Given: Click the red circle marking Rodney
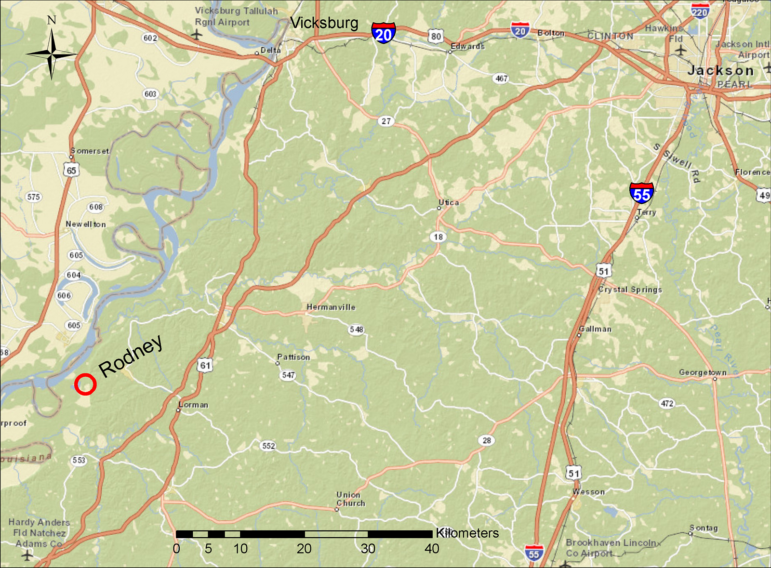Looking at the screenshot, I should pyautogui.click(x=85, y=384).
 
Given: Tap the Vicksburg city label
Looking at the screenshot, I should pyautogui.click(x=324, y=23).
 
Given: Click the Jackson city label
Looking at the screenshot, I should pyautogui.click(x=720, y=70).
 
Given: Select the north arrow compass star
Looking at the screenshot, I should pyautogui.click(x=52, y=53).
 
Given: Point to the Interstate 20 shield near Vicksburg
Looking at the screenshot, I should pyautogui.click(x=384, y=33).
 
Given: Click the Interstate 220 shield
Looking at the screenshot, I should pyautogui.click(x=700, y=11).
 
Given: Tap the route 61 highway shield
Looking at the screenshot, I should pyautogui.click(x=205, y=365).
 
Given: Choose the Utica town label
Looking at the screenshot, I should pyautogui.click(x=449, y=203).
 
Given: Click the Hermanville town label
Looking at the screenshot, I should pyautogui.click(x=331, y=307).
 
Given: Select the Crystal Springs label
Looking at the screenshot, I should pyautogui.click(x=630, y=290).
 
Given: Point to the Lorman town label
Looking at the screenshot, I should pyautogui.click(x=194, y=405).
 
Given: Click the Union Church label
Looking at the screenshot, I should pyautogui.click(x=350, y=499).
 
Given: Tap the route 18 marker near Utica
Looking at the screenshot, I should pyautogui.click(x=438, y=237).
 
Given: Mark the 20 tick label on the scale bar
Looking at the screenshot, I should pyautogui.click(x=304, y=549).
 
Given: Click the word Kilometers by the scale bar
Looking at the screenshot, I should pyautogui.click(x=467, y=533).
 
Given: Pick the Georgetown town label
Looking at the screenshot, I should pyautogui.click(x=703, y=372).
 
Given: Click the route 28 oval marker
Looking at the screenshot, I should pyautogui.click(x=487, y=440).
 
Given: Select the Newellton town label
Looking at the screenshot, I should pyautogui.click(x=86, y=225).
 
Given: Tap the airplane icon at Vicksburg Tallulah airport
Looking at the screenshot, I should pyautogui.click(x=196, y=35).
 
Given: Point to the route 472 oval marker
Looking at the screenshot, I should pyautogui.click(x=667, y=403).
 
